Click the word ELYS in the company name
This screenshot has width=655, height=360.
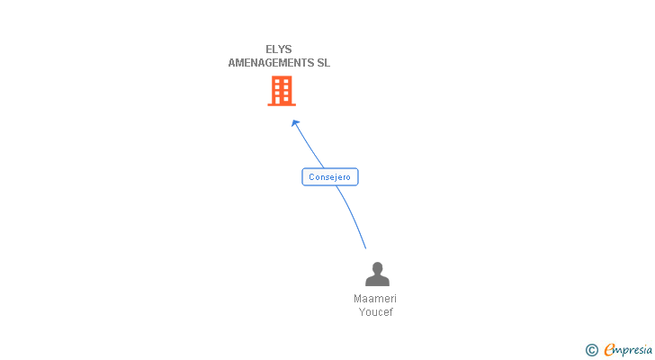coord(279,49)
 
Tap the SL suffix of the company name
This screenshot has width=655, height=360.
coord(323,63)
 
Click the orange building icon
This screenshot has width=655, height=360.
coord(281,91)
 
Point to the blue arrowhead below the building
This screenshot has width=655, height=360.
coord(294,123)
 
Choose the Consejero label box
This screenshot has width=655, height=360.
coord(329,177)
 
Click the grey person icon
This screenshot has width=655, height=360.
coord(377,274)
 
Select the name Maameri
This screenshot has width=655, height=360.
coord(375,299)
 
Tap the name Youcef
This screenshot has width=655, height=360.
coord(376,312)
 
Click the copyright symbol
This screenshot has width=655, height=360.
coord(591,350)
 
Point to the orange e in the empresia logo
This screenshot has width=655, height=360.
coord(609,350)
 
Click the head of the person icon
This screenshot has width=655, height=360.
coord(377,268)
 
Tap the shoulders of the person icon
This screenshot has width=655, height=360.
coord(377,281)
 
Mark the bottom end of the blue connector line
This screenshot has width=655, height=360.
coord(366,248)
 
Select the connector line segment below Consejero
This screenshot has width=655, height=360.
coord(354,214)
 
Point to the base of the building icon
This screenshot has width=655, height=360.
coord(281,103)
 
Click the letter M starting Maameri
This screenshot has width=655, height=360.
coord(358,299)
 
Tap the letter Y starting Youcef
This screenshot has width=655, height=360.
coord(363,312)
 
